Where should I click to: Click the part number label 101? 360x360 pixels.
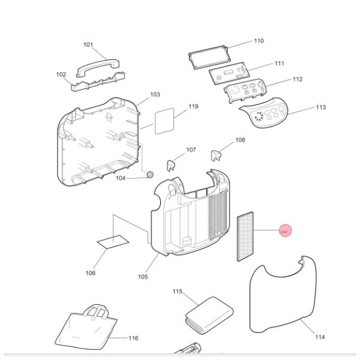point(88,45)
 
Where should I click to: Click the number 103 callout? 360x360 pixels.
point(155,95)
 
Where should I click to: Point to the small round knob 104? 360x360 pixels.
point(149,175)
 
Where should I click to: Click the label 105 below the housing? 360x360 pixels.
point(142,277)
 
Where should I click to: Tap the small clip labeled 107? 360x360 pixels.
point(171,163)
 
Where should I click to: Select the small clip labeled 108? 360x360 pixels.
point(217,155)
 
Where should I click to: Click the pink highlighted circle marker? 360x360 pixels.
point(284,232)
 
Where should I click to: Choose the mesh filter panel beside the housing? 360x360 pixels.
point(244,235)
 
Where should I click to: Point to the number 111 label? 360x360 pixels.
point(280,64)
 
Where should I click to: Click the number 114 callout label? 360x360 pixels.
point(320,337)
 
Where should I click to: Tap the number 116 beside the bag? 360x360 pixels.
point(133,338)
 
